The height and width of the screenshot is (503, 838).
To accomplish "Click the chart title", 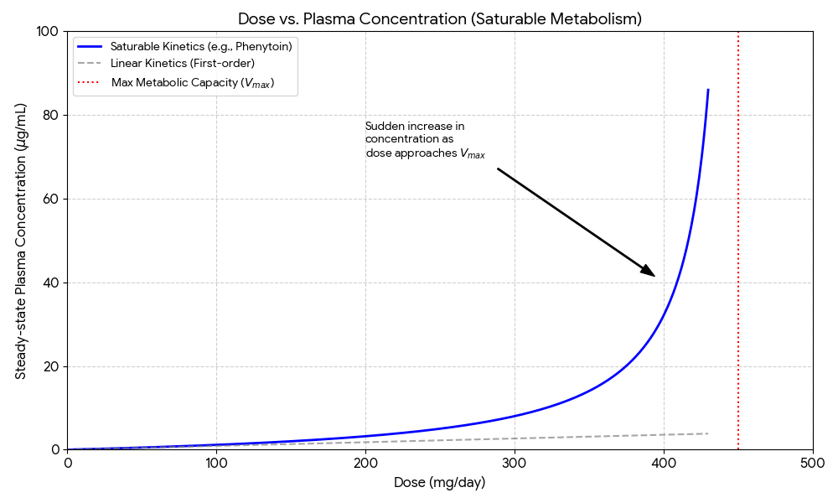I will tap(440, 18).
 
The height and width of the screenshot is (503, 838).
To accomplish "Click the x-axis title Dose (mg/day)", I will tap(440, 483).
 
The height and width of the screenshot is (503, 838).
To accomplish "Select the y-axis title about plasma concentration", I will tap(21, 241).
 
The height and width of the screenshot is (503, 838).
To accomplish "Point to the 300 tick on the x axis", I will tap(515, 463).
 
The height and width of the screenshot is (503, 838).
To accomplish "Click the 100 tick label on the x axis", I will tap(216, 463).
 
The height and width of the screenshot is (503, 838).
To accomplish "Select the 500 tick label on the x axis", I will tap(813, 463).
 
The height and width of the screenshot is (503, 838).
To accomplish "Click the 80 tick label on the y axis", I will tap(51, 115).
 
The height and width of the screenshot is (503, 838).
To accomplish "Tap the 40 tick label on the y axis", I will tap(51, 283).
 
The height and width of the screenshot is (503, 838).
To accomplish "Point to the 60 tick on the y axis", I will tap(51, 199).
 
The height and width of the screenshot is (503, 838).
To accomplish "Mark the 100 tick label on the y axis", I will tap(48, 31).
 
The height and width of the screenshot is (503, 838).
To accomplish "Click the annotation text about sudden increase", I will tap(424, 140).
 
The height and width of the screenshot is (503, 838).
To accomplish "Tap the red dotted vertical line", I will tap(738, 251).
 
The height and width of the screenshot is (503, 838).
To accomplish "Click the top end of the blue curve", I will tap(708, 90).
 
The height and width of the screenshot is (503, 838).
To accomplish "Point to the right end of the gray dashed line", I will tap(708, 433).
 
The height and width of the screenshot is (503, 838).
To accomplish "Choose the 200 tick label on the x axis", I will tap(365, 463).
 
